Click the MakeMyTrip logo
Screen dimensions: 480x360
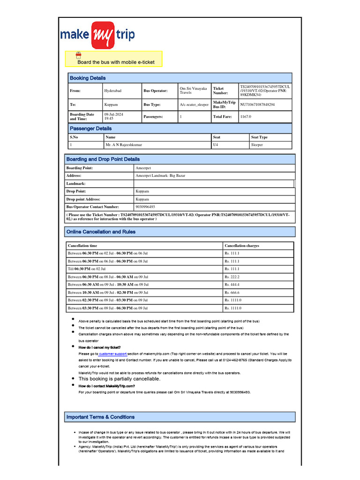tap(97, 35)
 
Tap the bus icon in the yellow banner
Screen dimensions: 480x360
tap(79, 55)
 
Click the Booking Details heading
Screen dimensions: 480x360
tap(88, 78)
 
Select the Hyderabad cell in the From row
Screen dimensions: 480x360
tap(112, 90)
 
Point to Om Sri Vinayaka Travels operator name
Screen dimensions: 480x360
tap(193, 90)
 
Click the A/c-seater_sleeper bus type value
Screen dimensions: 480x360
tap(194, 105)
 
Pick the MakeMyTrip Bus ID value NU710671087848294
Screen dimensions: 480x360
tap(257, 105)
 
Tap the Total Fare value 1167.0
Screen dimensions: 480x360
tap(246, 116)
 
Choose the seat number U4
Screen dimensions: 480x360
tap(216, 145)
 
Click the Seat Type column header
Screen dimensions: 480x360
tap(259, 137)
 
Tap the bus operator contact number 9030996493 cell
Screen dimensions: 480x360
tap(145, 207)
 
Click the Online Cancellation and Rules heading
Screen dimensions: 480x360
tap(101, 232)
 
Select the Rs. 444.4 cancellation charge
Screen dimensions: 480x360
tap(232, 285)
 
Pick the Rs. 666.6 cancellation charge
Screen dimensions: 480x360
tap(232, 292)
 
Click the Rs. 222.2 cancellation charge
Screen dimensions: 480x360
tap(232, 277)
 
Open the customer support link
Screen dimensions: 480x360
tap(112, 354)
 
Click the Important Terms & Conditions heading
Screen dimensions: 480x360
tap(100, 417)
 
